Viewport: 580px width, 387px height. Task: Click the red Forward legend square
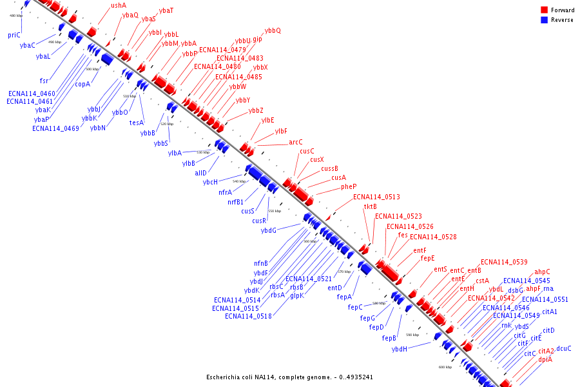(544, 10)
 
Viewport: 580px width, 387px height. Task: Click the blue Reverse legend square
(544, 20)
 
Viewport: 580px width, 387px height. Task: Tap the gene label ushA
(119, 5)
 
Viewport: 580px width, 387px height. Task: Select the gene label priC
(14, 35)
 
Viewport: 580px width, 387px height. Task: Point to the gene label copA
(82, 84)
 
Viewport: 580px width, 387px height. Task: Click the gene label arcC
(296, 142)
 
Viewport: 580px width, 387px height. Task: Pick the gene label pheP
(349, 187)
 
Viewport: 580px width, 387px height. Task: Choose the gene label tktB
(371, 206)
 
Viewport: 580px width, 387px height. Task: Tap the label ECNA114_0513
(376, 197)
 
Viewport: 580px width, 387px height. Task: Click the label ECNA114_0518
(248, 316)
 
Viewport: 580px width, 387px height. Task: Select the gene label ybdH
(400, 349)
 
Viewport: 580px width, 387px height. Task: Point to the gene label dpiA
(545, 359)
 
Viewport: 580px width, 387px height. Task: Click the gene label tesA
(136, 123)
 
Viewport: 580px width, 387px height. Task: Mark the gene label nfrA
(226, 192)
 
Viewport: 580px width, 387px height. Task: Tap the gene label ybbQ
(273, 30)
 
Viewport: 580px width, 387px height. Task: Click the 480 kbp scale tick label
(17, 15)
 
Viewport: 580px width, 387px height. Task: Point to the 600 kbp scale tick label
(445, 367)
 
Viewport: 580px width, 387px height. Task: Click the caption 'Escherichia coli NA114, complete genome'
(289, 377)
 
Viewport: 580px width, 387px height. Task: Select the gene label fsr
(44, 81)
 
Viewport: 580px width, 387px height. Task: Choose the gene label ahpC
(542, 272)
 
